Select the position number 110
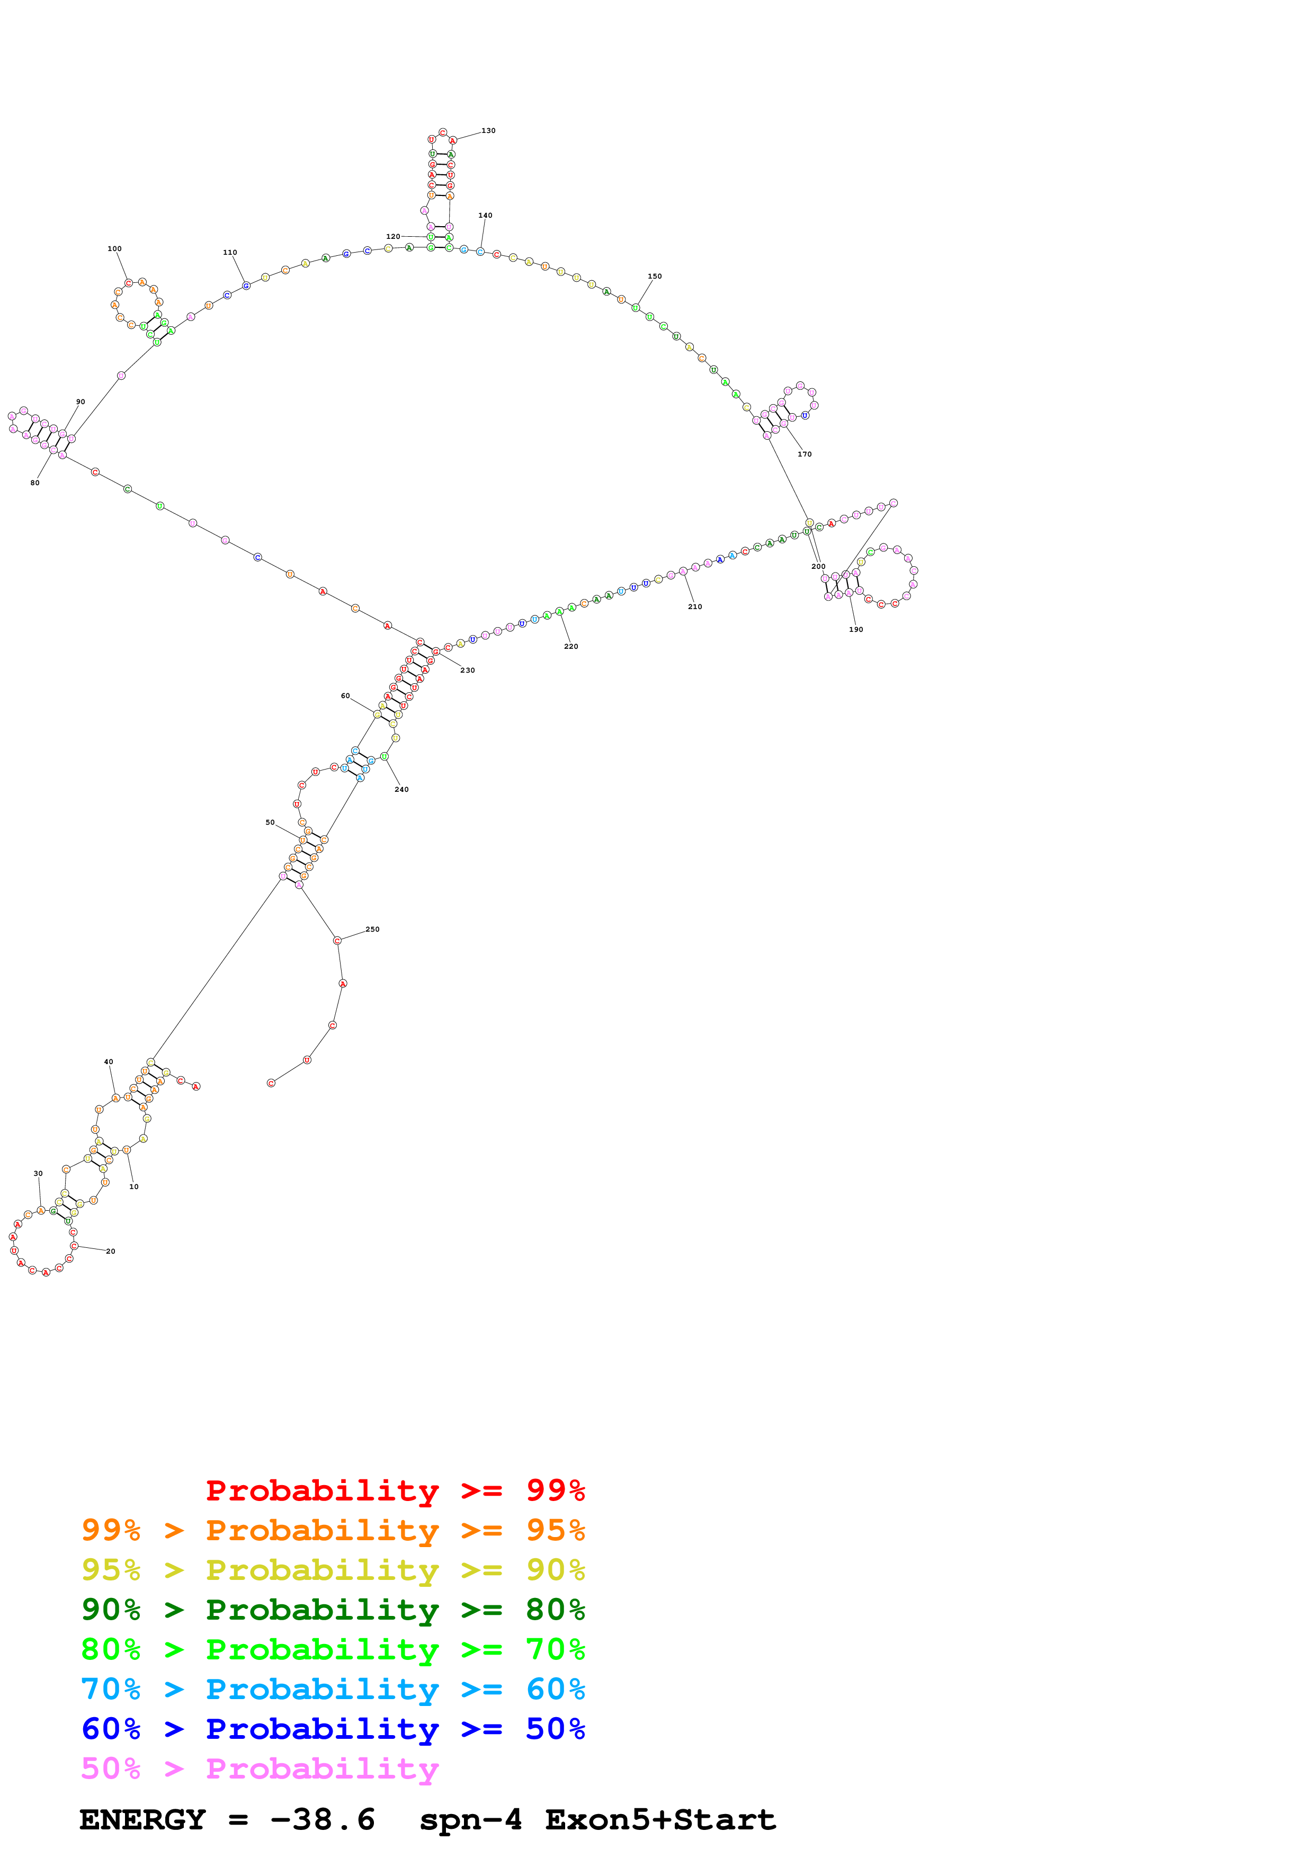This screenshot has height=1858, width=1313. pos(230,253)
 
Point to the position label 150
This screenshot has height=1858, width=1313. pos(655,276)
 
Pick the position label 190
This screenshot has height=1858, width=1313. pos(856,629)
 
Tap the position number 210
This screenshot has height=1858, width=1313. pos(695,606)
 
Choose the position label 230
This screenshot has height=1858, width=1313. pos(468,670)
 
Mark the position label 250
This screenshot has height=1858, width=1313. pos(372,929)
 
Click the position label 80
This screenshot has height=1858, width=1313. pos(35,483)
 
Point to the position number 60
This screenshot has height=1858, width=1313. pos(345,695)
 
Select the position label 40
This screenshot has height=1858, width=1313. pos(109,1062)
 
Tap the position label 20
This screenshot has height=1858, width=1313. pos(110,1251)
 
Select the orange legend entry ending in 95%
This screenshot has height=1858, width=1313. pos(333,1530)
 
